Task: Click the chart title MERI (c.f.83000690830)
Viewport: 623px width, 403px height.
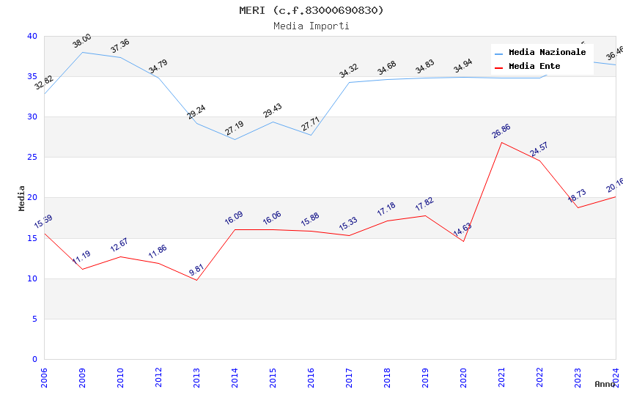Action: [311, 10]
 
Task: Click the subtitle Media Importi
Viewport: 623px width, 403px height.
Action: [311, 26]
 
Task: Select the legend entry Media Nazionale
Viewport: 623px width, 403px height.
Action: [547, 53]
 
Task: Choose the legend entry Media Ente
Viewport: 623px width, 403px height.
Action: [534, 67]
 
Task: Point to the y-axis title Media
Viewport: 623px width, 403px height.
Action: [22, 198]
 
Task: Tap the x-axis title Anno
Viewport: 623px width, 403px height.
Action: [605, 384]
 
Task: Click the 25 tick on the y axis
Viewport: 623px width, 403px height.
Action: [32, 158]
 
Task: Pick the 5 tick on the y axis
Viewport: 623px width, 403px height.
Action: [34, 319]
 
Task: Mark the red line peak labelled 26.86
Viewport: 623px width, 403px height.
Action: [501, 142]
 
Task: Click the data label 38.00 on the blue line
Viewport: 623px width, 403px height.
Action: [82, 41]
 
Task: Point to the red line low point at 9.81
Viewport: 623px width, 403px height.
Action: [196, 280]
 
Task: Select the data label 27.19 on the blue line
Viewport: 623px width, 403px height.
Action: [235, 129]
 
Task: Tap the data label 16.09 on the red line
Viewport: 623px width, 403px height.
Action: [235, 218]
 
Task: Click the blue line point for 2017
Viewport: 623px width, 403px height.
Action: [349, 82]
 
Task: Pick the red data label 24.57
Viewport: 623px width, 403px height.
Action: [539, 149]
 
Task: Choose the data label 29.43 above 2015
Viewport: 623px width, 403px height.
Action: [273, 111]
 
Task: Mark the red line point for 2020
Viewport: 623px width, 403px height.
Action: [463, 241]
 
